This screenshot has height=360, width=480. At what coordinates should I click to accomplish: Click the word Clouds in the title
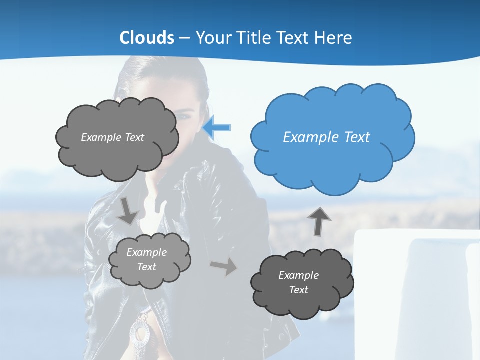(147, 38)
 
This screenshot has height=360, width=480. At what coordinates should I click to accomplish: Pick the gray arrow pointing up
(319, 221)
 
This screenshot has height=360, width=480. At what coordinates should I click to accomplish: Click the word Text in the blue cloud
(357, 137)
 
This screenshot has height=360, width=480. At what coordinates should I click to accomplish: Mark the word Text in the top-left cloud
(134, 137)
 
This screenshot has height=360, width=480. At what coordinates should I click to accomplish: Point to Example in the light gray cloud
(147, 252)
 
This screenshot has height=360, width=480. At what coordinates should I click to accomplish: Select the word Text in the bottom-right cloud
(299, 290)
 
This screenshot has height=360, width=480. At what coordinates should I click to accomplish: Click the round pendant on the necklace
(139, 332)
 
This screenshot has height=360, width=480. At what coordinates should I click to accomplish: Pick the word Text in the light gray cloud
(147, 267)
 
